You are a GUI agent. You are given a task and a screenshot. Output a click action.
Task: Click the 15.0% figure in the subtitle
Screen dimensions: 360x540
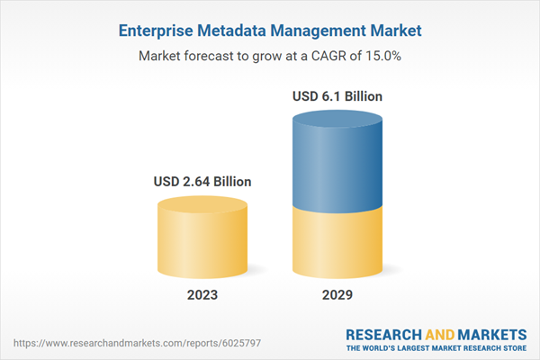click(x=382, y=56)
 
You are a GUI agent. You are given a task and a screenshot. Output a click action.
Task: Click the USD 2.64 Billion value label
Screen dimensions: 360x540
click(x=202, y=182)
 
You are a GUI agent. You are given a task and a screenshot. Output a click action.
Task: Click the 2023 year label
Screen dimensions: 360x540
click(x=202, y=296)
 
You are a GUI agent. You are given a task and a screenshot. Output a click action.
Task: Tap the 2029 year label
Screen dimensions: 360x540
click(x=338, y=296)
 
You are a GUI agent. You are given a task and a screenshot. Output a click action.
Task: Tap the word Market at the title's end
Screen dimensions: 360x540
click(x=389, y=31)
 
